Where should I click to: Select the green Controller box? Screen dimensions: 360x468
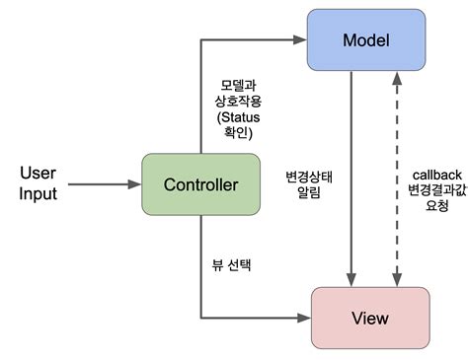[200, 185]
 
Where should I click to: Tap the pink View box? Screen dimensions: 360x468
[370, 318]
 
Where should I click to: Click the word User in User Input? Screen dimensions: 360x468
[38, 174]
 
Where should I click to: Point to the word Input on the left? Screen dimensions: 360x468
[38, 194]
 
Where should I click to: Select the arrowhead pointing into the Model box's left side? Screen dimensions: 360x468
[303, 40]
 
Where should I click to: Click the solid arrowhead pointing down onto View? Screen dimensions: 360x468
[352, 280]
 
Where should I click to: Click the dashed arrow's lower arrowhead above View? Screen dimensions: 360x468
[397, 280]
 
